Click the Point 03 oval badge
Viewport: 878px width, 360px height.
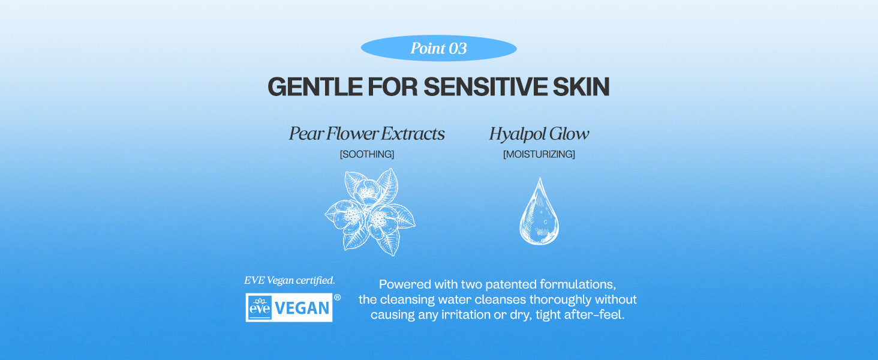[438, 48]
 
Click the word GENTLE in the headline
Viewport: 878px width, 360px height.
[315, 86]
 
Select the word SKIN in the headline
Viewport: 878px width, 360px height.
[581, 86]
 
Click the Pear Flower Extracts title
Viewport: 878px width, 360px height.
[367, 134]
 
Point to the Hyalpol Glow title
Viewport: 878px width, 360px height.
[539, 134]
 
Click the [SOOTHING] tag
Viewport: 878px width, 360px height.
[367, 154]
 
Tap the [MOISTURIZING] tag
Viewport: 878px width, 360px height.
[539, 154]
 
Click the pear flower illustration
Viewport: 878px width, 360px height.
[370, 212]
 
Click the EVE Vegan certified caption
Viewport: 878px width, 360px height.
[289, 280]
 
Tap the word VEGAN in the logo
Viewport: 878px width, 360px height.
[302, 308]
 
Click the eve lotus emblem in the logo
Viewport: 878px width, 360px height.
[260, 308]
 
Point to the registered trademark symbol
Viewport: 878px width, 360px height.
[337, 298]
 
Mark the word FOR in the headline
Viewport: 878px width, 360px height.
[393, 86]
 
